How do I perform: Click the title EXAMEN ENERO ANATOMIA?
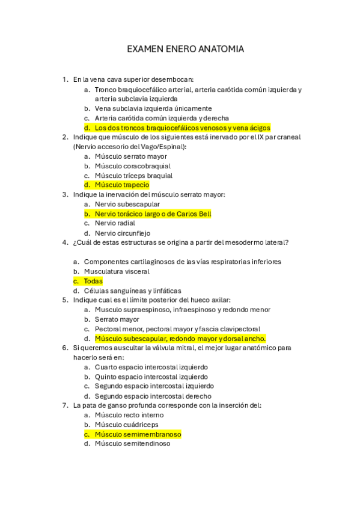click(x=185, y=49)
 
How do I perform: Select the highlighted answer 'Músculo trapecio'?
click(x=122, y=185)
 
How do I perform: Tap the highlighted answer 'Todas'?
click(x=93, y=281)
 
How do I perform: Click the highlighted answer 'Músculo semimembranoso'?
click(x=138, y=434)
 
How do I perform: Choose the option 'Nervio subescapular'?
click(x=127, y=204)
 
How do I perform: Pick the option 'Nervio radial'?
click(x=115, y=223)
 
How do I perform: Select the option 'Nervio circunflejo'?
click(x=123, y=233)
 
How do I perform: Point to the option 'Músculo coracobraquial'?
click(x=133, y=166)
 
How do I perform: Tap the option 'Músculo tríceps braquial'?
click(x=133, y=176)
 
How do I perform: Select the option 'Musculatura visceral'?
click(x=117, y=271)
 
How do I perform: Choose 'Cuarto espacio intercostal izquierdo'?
click(x=151, y=367)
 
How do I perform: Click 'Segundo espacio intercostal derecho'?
click(x=153, y=396)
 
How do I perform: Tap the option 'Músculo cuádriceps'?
click(x=127, y=425)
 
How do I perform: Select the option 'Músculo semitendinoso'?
click(x=133, y=444)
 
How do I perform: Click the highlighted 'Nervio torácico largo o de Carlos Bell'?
click(x=153, y=214)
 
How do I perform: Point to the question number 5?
click(x=64, y=300)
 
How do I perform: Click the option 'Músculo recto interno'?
click(x=129, y=415)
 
